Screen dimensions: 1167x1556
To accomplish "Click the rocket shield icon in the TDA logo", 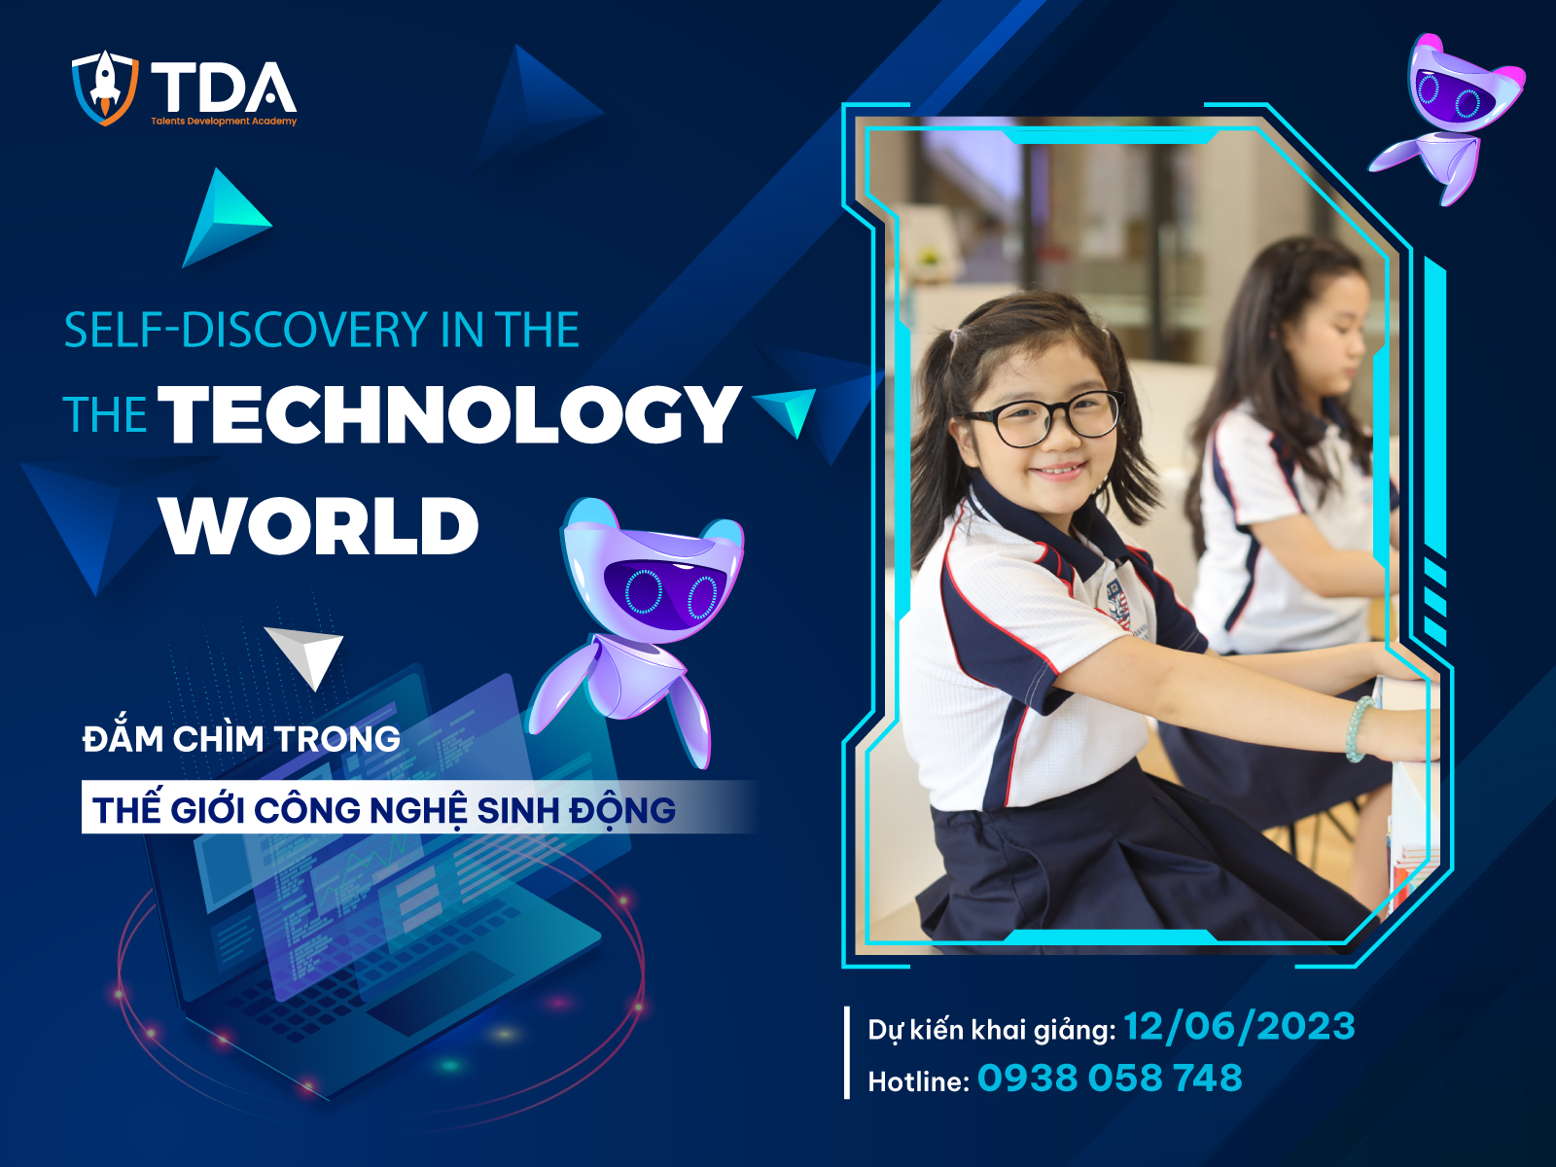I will click(104, 88).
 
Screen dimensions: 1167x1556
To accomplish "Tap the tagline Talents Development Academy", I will click(224, 122).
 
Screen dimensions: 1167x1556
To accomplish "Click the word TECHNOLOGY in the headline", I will click(449, 414).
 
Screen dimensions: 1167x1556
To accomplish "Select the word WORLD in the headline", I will click(320, 526).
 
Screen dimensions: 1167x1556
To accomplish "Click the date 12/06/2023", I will click(1239, 1027).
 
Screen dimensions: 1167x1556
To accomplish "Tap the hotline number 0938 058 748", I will click(1110, 1079).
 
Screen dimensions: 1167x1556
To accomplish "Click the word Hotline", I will click(917, 1081).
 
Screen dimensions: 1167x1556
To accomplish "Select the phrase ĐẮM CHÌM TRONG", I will click(241, 739).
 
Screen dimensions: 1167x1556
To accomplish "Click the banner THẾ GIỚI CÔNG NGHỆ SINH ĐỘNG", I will click(384, 809).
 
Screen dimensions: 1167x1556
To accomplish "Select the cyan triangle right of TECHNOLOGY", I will click(788, 408).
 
